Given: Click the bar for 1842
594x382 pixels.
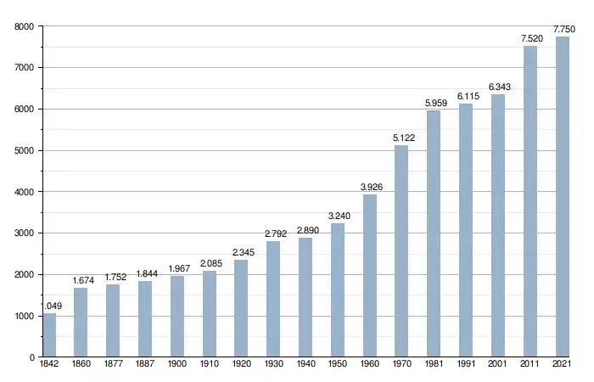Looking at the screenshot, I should coord(49,335).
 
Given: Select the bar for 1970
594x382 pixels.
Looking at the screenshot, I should coord(401,251).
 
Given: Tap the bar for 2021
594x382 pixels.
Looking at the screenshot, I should coord(562,197).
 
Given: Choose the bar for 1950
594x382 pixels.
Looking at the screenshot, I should coord(338,290).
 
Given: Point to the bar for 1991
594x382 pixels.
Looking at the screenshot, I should coord(466,230).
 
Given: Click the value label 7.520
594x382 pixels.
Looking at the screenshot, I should coord(531,38).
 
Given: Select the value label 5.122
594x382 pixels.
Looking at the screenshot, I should coord(402,138).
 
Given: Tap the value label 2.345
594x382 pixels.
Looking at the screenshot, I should coord(242,252).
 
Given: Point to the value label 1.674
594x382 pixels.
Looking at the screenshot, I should coord(81,280).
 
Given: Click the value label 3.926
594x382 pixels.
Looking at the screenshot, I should coord(370,187).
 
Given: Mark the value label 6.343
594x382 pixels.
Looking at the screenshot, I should coord(498,87).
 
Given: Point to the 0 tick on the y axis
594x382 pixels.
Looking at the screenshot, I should coord(31,358).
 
